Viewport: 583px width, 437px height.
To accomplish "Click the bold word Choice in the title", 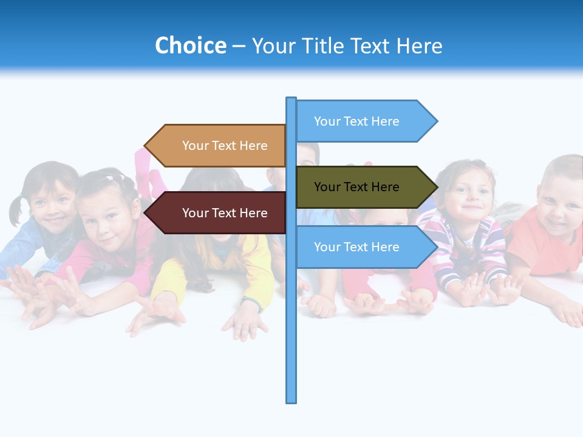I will click(190, 46).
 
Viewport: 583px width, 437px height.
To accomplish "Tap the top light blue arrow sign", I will click(358, 121).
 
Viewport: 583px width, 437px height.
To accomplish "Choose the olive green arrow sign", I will click(358, 187).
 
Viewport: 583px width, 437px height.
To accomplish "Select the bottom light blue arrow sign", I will click(358, 247).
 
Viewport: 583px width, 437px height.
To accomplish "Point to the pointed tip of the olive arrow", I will click(435, 187).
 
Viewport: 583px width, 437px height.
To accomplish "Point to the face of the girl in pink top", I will click(109, 215).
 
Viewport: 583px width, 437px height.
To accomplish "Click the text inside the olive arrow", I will click(356, 187).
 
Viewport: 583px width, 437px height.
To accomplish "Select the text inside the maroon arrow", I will click(225, 213).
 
